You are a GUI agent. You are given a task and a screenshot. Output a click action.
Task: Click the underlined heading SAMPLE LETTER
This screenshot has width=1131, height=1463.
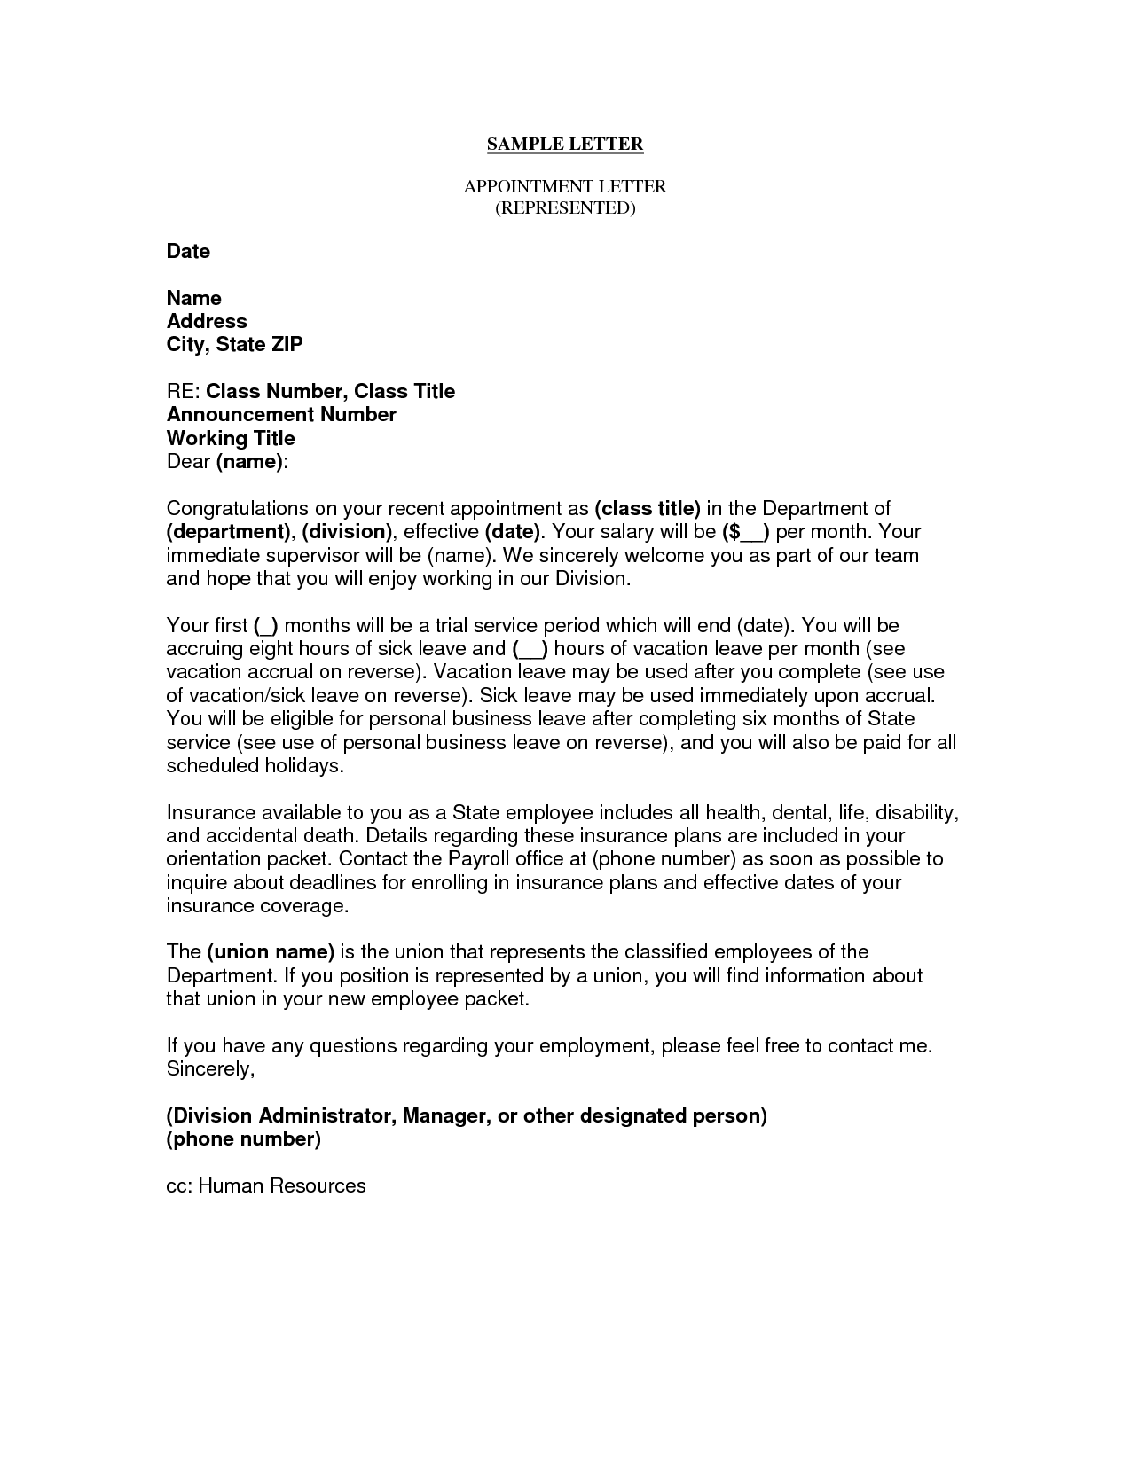[565, 144]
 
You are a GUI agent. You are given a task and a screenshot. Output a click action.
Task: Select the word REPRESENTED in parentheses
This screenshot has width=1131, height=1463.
[565, 208]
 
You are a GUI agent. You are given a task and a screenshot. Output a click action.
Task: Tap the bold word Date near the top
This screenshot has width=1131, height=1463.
[188, 252]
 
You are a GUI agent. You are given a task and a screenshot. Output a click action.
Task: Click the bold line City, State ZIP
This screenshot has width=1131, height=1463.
[234, 345]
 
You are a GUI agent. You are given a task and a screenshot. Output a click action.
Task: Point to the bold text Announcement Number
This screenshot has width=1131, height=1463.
[281, 415]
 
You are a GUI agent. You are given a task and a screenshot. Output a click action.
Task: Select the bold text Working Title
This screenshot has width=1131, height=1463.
[231, 438]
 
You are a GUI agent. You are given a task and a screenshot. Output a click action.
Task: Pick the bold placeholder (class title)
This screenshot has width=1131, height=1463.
[648, 509]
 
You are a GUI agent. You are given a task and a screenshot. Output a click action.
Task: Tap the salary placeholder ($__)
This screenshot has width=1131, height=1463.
[746, 532]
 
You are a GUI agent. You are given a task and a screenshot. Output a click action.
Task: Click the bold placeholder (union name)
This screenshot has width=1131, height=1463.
[271, 952]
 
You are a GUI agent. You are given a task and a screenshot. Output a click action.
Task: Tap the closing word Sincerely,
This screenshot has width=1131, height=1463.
[210, 1069]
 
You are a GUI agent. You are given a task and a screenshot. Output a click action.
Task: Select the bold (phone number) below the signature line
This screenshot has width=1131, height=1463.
[244, 1139]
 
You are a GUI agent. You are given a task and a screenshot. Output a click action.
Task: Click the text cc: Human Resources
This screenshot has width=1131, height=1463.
[266, 1186]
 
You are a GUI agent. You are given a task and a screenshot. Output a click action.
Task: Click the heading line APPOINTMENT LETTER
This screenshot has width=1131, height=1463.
[565, 187]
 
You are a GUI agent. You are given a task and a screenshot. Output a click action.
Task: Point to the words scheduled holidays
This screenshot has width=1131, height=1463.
[255, 766]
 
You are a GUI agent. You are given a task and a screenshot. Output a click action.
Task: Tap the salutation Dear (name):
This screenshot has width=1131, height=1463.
[228, 462]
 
